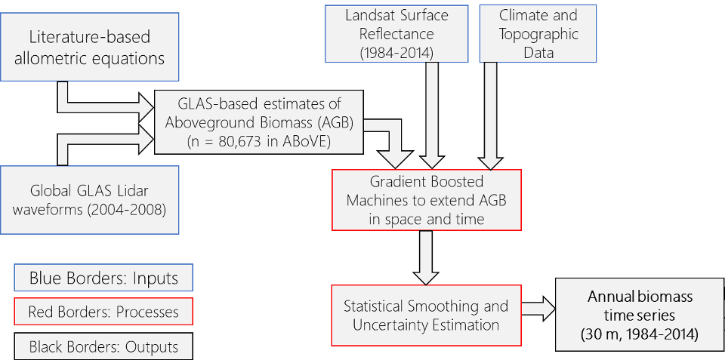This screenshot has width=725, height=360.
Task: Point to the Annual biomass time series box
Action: tap(640, 316)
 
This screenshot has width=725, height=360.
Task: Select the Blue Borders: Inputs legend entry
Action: tap(103, 278)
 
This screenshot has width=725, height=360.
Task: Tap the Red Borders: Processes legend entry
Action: tap(103, 312)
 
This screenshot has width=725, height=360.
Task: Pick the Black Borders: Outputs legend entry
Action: tap(103, 346)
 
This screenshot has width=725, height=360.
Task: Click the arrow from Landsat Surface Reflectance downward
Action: tap(433, 113)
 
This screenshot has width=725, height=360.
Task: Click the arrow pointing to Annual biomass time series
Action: tap(538, 309)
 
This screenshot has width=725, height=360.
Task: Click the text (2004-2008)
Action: tap(133, 209)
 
